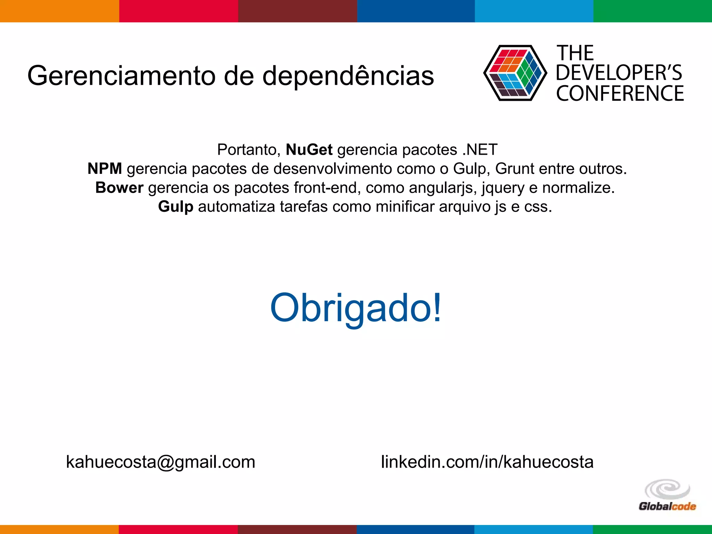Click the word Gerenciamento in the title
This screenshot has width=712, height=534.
point(121,76)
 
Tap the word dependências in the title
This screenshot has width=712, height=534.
point(348,76)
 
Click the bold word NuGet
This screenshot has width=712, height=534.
point(309,150)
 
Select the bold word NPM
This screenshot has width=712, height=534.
point(105,169)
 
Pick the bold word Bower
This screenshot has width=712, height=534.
point(119,188)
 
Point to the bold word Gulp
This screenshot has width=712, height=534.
point(176,207)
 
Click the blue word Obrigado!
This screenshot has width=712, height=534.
point(356,308)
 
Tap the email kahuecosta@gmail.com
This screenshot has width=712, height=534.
point(161,462)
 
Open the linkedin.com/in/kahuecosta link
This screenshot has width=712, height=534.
point(487,462)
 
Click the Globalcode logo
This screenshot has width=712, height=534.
point(667,495)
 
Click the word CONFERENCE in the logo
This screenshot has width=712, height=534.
point(620,94)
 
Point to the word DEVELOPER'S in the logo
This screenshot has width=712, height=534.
point(619,73)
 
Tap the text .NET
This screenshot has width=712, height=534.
point(480,150)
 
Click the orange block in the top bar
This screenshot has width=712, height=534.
point(59,11)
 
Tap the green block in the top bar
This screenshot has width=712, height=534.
point(653,11)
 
